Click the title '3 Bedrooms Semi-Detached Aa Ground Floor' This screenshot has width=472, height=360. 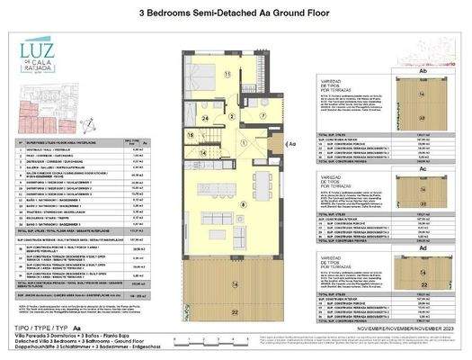point(236,13)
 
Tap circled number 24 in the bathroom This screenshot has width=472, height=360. point(205,118)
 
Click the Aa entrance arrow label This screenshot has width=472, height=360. point(292,142)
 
